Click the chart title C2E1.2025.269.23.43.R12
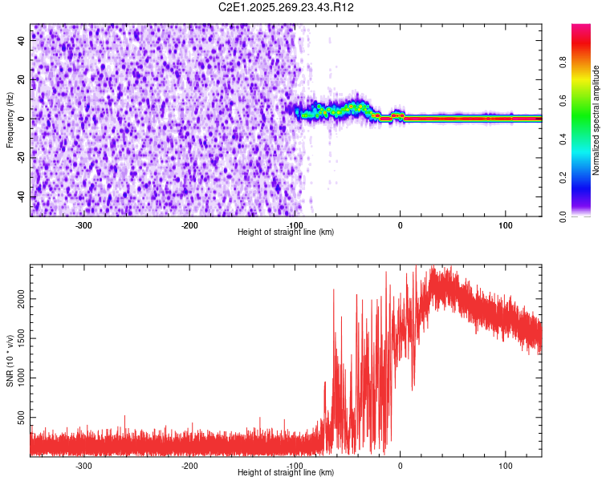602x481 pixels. click(286, 7)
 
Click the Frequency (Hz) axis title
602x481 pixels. click(10, 120)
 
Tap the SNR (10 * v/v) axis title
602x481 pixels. click(10, 361)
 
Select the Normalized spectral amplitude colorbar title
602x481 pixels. click(596, 120)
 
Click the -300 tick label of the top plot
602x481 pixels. click(83, 224)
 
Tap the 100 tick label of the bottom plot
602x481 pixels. click(506, 465)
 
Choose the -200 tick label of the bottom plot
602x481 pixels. click(189, 465)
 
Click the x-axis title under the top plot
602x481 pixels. click(286, 232)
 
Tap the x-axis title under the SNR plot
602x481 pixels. click(286, 473)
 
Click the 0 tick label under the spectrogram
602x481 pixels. click(401, 224)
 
